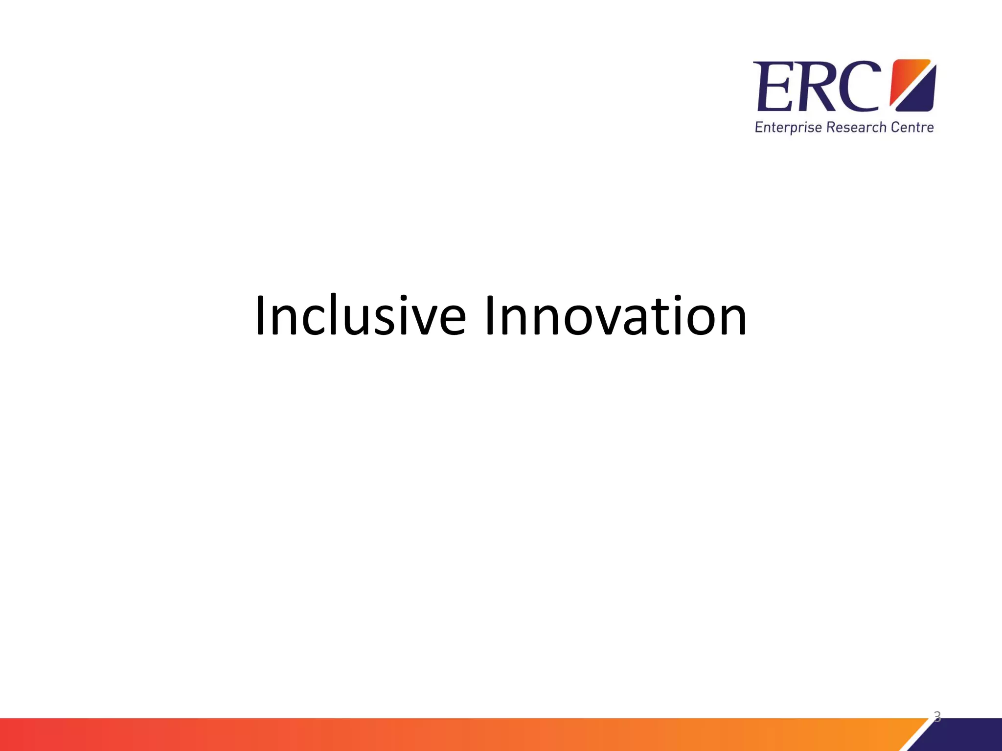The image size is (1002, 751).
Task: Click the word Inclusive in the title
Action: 360,316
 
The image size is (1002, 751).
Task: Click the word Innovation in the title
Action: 615,316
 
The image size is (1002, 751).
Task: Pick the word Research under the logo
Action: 856,128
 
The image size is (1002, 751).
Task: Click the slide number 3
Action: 937,717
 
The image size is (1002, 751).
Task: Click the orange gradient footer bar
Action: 440,734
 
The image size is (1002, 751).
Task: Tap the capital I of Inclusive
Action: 260,316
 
